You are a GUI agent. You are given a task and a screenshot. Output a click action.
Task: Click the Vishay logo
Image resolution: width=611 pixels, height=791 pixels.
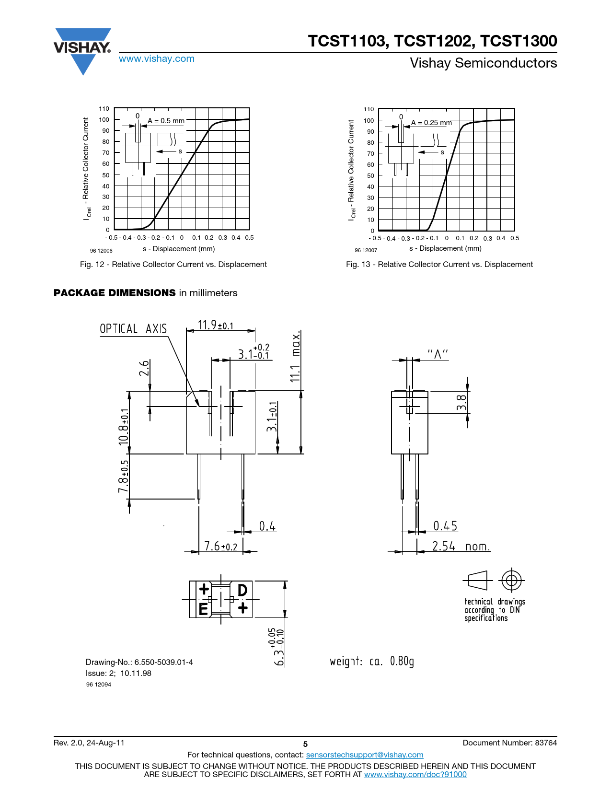[x=82, y=52]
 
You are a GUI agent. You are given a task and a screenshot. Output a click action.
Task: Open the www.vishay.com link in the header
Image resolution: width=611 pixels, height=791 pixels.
[x=157, y=58]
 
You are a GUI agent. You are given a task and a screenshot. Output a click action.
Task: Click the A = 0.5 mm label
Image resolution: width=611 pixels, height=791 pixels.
[x=166, y=120]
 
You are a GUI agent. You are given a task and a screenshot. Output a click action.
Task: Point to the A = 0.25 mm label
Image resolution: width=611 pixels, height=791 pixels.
[x=431, y=122]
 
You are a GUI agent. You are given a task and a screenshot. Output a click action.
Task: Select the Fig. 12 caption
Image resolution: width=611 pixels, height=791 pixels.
[x=173, y=264]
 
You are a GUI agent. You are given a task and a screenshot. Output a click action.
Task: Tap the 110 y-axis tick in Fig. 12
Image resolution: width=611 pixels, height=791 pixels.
[x=104, y=108]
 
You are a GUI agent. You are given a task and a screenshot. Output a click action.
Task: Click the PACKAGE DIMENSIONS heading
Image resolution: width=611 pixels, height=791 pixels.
[x=115, y=292]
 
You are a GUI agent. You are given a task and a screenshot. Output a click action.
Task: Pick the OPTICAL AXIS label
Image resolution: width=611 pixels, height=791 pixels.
[x=133, y=329]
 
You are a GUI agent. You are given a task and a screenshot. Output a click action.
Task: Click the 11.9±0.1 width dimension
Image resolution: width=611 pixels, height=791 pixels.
[x=216, y=325]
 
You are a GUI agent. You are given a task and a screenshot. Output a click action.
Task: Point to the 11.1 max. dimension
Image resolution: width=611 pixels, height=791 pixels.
[x=295, y=356]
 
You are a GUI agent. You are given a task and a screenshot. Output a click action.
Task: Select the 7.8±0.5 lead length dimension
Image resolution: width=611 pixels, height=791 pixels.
[x=123, y=476]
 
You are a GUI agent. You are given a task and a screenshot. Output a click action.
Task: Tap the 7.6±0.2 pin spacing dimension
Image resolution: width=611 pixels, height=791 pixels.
[x=220, y=546]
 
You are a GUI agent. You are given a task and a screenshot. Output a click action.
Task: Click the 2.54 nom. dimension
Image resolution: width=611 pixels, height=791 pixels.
[x=461, y=546]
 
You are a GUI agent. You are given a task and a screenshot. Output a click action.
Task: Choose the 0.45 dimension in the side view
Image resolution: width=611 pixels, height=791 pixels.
[x=445, y=525]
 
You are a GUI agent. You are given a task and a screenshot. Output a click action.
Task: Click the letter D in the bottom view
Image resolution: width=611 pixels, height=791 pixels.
[x=242, y=591]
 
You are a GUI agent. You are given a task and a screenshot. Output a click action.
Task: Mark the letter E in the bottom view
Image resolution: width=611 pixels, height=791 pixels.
[x=203, y=609]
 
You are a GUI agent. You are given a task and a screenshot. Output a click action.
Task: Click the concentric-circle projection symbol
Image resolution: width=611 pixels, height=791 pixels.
[x=511, y=580]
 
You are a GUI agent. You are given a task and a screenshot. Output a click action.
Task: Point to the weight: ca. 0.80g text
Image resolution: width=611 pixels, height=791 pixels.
[x=372, y=661]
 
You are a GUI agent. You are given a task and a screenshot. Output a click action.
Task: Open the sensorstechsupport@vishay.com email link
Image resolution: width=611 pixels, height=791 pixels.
[x=365, y=755]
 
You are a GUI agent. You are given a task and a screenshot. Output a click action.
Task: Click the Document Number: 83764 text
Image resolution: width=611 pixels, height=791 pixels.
[x=510, y=743]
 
